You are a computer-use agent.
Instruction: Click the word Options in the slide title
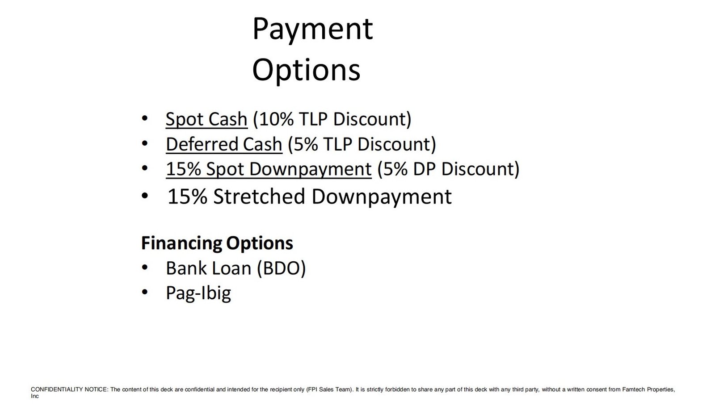click(306, 71)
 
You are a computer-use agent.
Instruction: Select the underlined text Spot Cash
click(206, 120)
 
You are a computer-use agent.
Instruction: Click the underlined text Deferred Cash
click(224, 144)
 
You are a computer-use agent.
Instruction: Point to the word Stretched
click(259, 196)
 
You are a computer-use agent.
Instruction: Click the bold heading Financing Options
click(217, 243)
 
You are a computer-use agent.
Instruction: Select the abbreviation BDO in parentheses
click(281, 268)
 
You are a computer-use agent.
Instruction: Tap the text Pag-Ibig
click(198, 293)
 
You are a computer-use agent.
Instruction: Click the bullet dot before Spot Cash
click(145, 118)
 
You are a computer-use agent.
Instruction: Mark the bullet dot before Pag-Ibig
click(145, 292)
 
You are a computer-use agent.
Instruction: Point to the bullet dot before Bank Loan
click(145, 267)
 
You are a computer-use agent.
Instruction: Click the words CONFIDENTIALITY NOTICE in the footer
click(70, 389)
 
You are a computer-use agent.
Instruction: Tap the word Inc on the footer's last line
click(34, 396)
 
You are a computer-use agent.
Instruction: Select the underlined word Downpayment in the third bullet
click(310, 169)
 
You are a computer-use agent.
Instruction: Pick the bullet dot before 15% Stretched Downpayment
click(145, 196)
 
